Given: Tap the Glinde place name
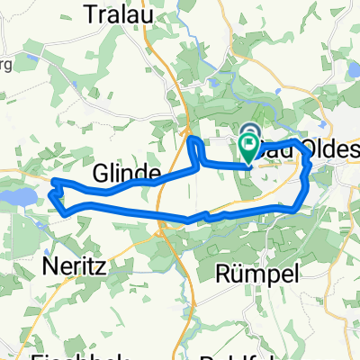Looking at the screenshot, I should pyautogui.click(x=127, y=172).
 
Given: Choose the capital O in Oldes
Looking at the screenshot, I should pyautogui.click(x=311, y=147).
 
